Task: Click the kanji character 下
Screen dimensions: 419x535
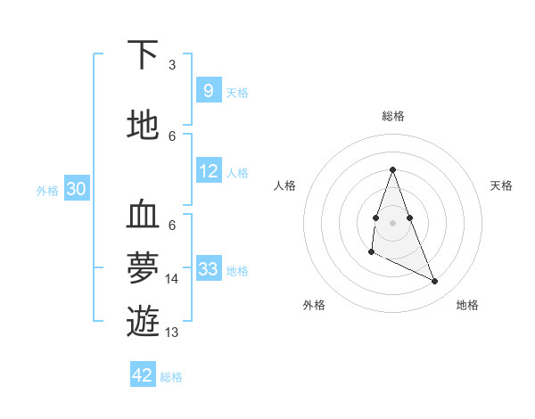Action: [x=143, y=55]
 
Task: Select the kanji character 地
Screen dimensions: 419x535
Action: [x=143, y=125]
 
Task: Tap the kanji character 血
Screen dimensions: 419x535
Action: [x=143, y=216]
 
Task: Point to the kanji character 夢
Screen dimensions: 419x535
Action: [x=143, y=267]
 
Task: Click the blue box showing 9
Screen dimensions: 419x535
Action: [x=208, y=91]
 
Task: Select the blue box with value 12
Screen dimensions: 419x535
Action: [x=208, y=171]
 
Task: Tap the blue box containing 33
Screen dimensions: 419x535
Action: [x=208, y=269]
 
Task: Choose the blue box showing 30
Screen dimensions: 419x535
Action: [x=76, y=189]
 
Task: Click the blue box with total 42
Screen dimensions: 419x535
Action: [x=143, y=375]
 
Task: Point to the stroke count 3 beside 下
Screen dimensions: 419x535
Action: [x=172, y=65]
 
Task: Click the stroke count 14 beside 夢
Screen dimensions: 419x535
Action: [x=172, y=279]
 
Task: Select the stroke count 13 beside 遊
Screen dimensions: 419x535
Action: [x=172, y=333]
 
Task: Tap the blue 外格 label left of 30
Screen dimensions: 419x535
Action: [x=46, y=190]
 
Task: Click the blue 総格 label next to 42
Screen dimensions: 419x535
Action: [x=171, y=377]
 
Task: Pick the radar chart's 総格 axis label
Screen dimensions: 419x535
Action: [x=392, y=116]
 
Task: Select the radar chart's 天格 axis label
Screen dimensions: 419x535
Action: [x=501, y=185]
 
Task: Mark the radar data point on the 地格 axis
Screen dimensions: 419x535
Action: [x=435, y=282]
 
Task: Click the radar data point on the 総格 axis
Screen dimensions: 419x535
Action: [x=392, y=169]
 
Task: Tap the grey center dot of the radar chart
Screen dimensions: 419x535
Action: [x=392, y=222]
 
